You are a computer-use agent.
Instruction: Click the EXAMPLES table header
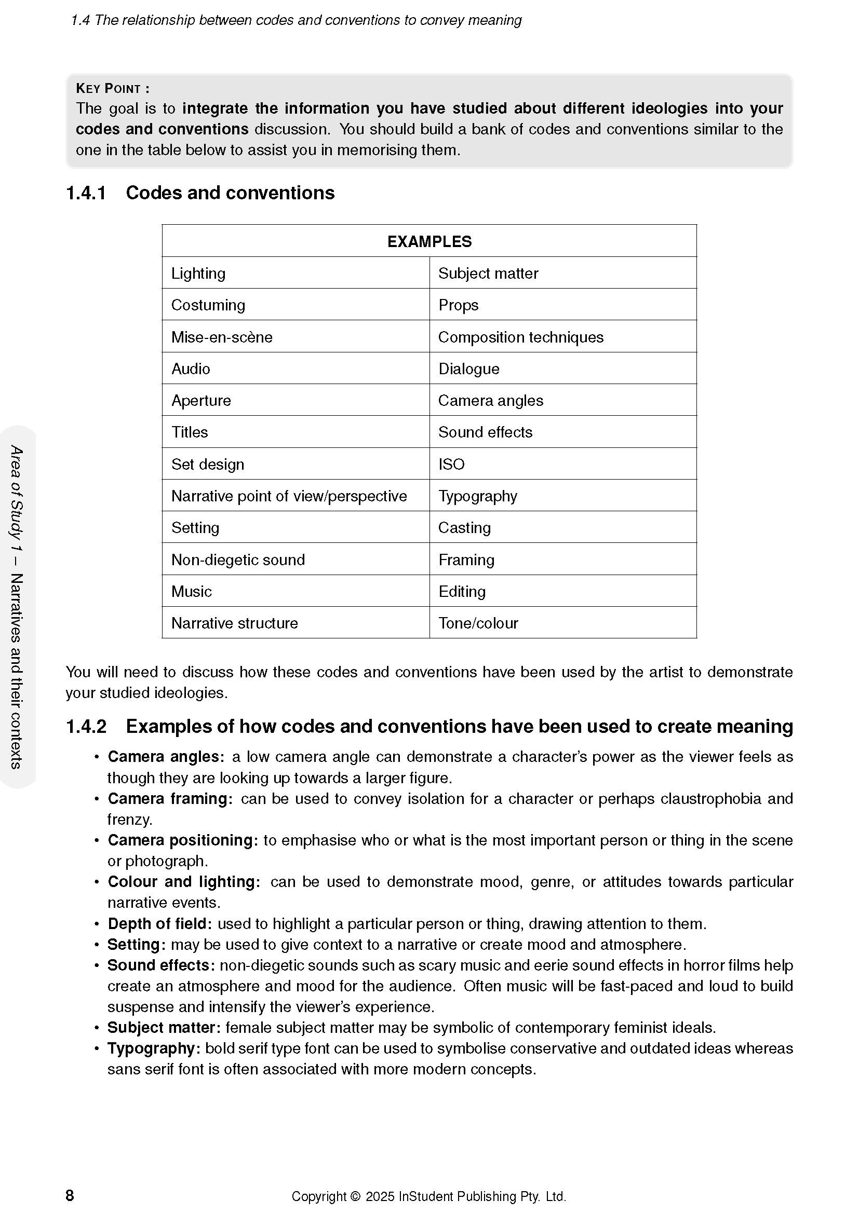pyautogui.click(x=429, y=242)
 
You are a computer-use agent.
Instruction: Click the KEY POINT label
pyautogui.click(x=112, y=88)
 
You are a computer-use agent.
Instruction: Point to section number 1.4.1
pyautogui.click(x=86, y=193)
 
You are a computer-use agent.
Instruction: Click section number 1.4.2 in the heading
pyautogui.click(x=86, y=727)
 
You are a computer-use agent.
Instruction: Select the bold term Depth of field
pyautogui.click(x=160, y=924)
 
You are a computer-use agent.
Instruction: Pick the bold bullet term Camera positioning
pyautogui.click(x=182, y=840)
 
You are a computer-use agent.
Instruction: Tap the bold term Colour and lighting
pyautogui.click(x=183, y=882)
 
